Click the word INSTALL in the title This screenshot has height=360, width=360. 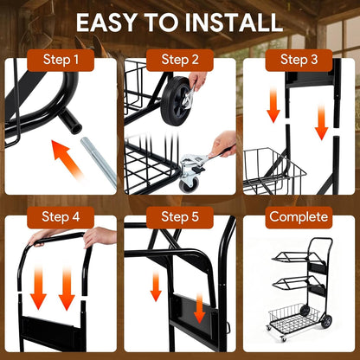pyautogui.click(x=233, y=22)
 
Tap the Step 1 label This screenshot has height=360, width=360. pyautogui.click(x=61, y=60)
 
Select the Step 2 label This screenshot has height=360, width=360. pyautogui.click(x=180, y=60)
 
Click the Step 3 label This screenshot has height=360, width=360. pyautogui.click(x=299, y=60)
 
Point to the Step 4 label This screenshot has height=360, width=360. pyautogui.click(x=61, y=217)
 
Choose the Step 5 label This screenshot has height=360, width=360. pyautogui.click(x=180, y=217)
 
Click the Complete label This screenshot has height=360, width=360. pyautogui.click(x=299, y=217)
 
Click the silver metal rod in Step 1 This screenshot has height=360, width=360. pyautogui.click(x=99, y=162)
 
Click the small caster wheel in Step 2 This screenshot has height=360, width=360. pyautogui.click(x=189, y=184)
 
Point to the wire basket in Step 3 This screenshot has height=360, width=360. pyautogui.click(x=274, y=171)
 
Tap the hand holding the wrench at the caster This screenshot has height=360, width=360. pyautogui.click(x=224, y=144)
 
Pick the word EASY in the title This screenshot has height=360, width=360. pyautogui.click(x=106, y=22)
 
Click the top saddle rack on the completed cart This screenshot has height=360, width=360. pyautogui.click(x=297, y=257)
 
